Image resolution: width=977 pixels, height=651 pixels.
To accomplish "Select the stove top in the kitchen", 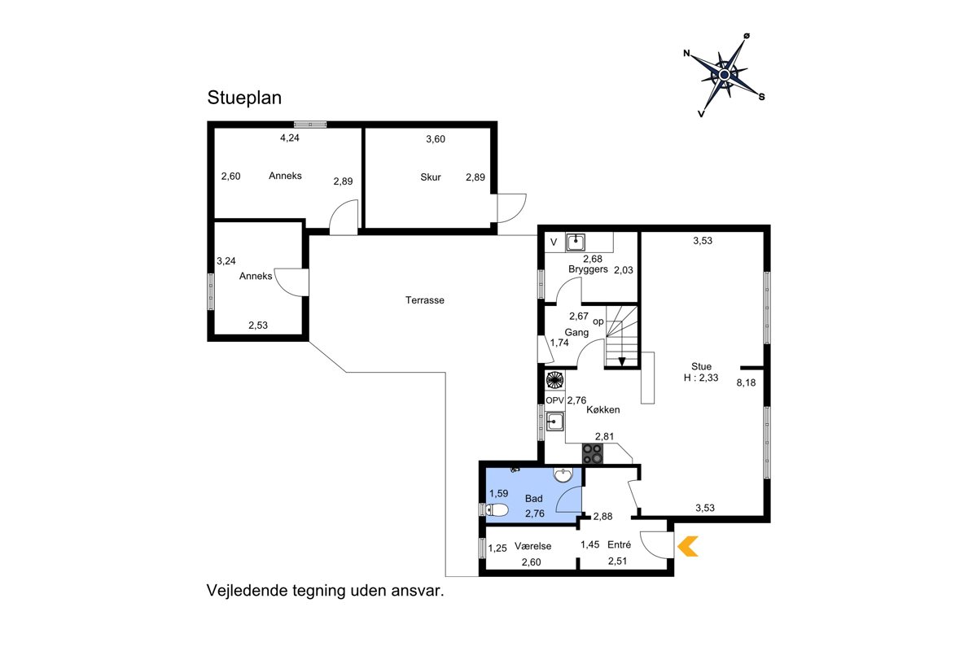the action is click(x=594, y=454).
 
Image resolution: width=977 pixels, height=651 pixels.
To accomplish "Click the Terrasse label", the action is click(x=425, y=300).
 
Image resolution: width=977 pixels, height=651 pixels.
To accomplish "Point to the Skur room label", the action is click(x=431, y=177).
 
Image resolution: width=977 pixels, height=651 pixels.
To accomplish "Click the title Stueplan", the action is click(x=244, y=98).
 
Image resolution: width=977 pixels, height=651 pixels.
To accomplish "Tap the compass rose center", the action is click(x=725, y=75).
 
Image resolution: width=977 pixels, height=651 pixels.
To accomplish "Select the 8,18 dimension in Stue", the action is click(x=746, y=382).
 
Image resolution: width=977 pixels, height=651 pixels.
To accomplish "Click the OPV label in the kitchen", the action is click(x=554, y=400).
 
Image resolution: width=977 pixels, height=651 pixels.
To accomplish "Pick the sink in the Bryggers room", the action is click(x=576, y=242).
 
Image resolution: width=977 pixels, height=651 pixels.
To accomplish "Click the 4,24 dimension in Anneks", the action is click(x=290, y=138).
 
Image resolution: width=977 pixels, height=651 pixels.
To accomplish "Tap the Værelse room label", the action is click(x=533, y=546).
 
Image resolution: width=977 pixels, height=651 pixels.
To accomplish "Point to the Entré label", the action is click(x=620, y=544).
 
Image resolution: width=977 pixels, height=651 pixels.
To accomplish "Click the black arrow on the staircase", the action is click(x=622, y=361).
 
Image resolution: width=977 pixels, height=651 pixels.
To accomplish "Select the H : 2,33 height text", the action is click(x=701, y=378).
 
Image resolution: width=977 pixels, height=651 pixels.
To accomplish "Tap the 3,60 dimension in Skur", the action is click(x=436, y=139).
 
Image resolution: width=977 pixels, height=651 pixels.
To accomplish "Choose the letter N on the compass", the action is click(x=686, y=53).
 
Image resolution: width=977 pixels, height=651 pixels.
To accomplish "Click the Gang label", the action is click(x=576, y=333).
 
